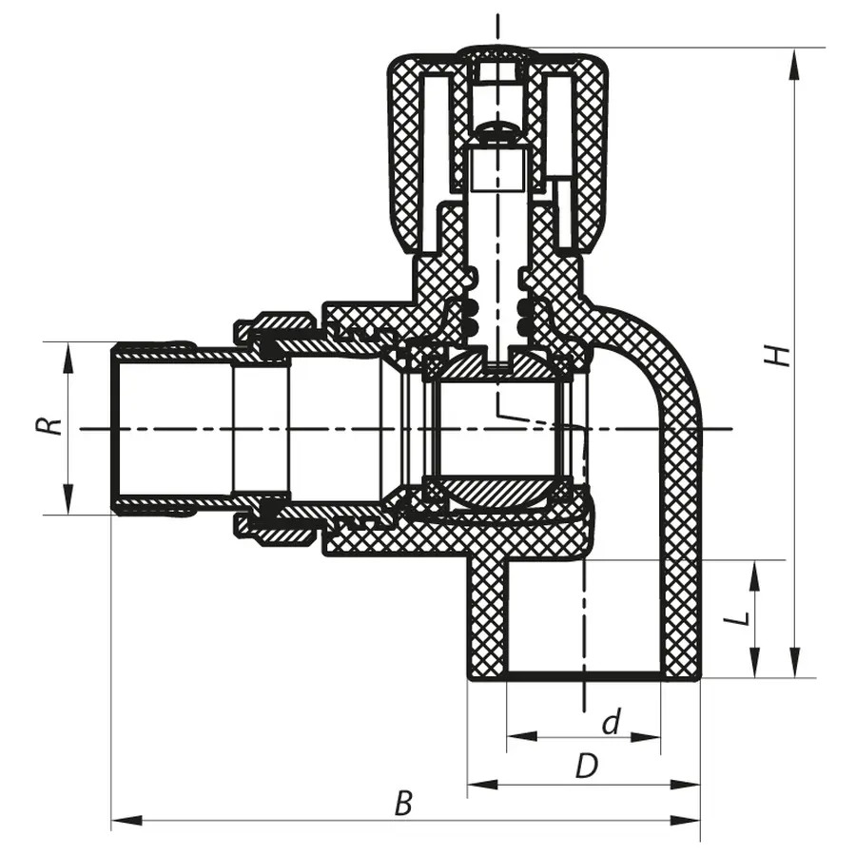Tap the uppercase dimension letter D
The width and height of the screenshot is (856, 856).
click(x=587, y=767)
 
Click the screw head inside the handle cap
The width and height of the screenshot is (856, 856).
click(x=496, y=130)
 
